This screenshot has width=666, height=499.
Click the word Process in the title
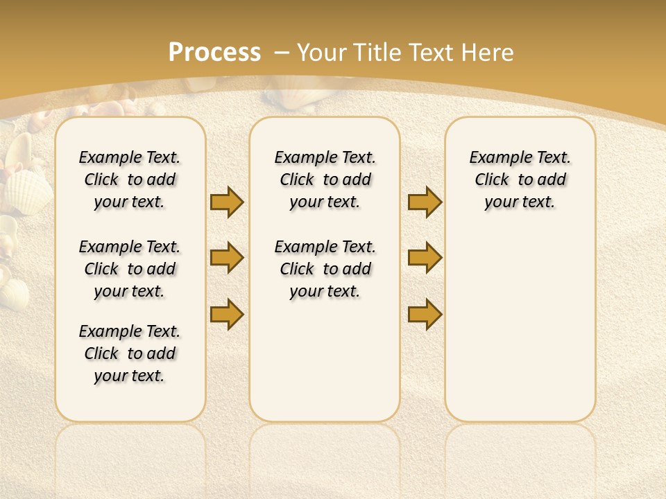tap(214, 52)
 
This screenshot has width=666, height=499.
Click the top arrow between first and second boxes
tap(227, 202)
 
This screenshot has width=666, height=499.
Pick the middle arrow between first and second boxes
tap(227, 258)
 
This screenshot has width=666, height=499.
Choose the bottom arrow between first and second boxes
tap(227, 314)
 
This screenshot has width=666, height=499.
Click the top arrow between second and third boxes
tap(425, 202)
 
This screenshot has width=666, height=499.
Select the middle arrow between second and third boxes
tap(425, 258)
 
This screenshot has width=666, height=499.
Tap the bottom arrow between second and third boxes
tap(425, 314)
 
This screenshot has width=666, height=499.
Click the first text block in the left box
tap(130, 180)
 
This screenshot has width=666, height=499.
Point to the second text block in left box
tap(130, 269)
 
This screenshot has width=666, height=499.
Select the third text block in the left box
tap(130, 353)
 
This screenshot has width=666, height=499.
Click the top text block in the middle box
tap(325, 180)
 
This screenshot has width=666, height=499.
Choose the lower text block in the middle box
tap(325, 269)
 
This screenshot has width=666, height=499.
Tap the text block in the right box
tap(520, 180)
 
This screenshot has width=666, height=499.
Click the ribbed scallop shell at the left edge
tap(28, 192)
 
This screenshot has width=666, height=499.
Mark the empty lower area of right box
tap(520, 319)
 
